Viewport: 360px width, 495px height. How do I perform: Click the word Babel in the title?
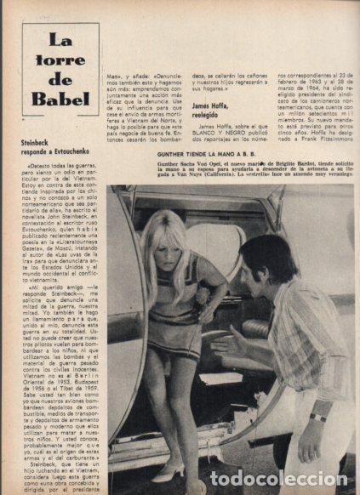coord(60,98)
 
